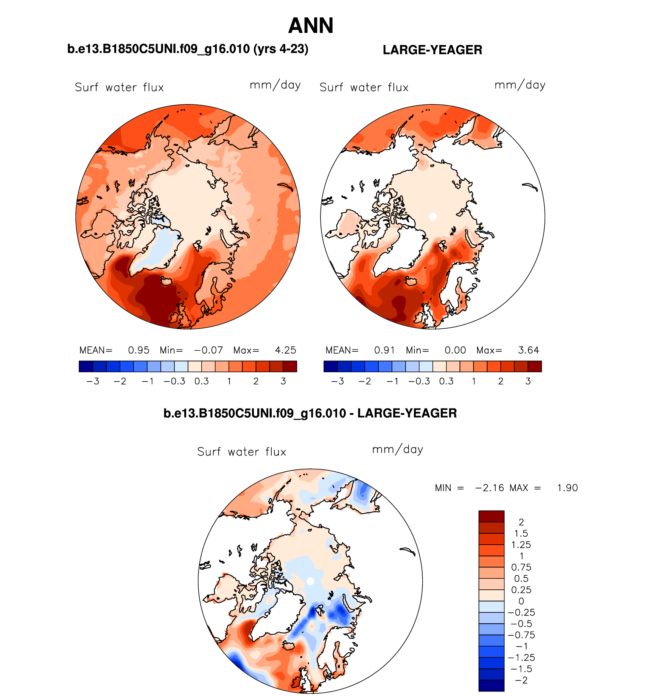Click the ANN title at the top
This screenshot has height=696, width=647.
(x=311, y=26)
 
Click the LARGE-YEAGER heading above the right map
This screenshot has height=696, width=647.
(x=432, y=50)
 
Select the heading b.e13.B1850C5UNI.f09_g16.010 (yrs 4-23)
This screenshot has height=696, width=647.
(x=188, y=49)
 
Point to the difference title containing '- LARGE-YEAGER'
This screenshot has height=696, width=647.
(x=310, y=413)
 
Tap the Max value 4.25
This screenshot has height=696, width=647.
(x=285, y=350)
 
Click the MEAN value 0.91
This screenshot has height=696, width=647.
(x=384, y=350)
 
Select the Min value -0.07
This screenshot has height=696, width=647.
(x=208, y=350)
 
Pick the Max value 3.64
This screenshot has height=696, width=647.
(x=528, y=350)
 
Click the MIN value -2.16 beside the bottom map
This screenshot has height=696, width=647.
(x=489, y=488)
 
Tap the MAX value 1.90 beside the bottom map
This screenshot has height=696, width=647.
(x=567, y=488)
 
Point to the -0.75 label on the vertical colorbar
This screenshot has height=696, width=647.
(x=521, y=635)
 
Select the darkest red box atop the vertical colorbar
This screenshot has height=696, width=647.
(x=491, y=516)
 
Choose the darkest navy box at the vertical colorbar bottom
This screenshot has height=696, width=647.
(x=491, y=685)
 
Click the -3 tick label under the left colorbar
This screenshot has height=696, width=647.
(x=93, y=381)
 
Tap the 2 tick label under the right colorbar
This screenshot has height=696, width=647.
(x=501, y=381)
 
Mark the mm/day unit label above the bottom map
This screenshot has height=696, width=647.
(x=397, y=449)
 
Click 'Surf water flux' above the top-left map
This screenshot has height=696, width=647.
(x=119, y=87)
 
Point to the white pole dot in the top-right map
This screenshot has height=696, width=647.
(x=433, y=217)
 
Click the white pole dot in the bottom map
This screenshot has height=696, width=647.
(x=310, y=581)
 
